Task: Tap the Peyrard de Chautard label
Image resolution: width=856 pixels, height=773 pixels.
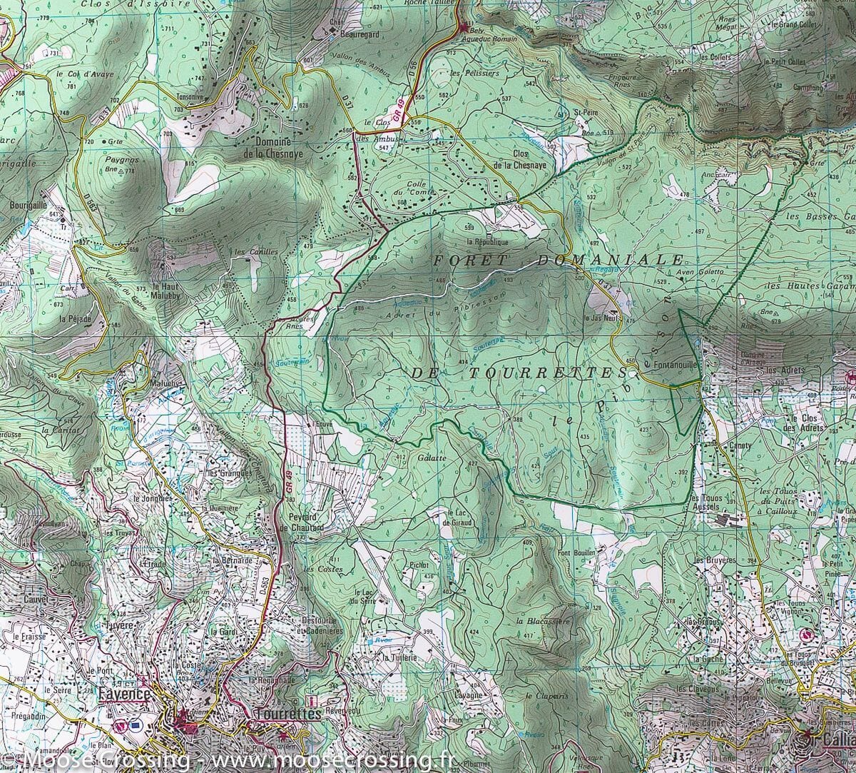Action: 307,522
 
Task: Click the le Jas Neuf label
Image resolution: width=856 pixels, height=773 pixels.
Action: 601,318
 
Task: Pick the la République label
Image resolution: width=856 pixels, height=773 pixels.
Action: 489,242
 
